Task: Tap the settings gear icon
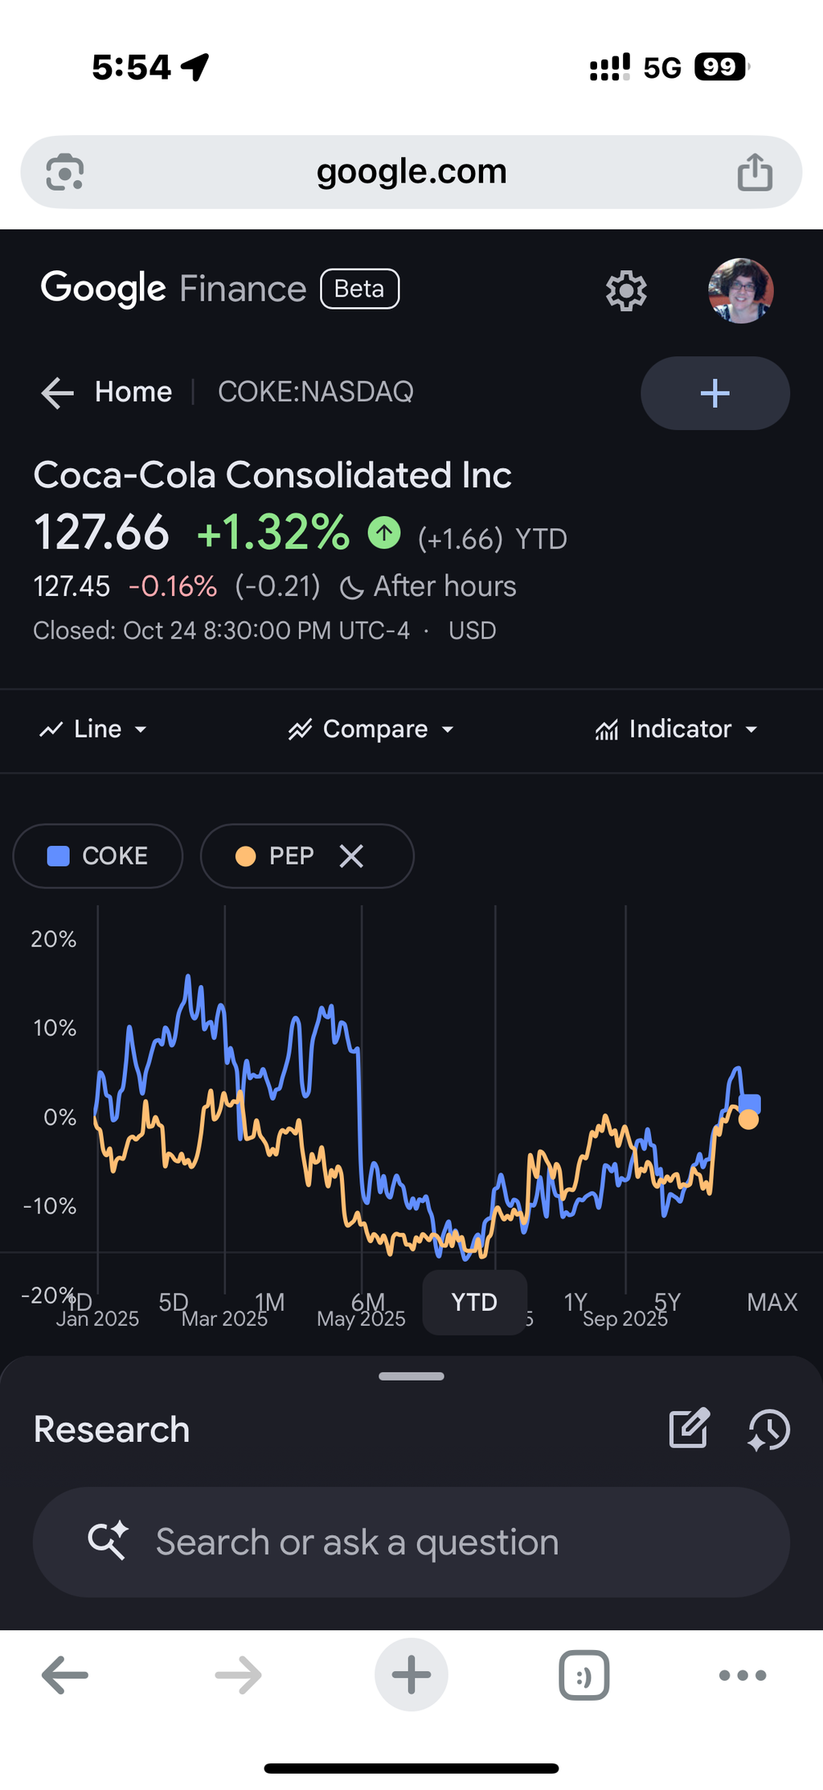click(626, 290)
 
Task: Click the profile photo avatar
click(740, 290)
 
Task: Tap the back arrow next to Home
click(57, 392)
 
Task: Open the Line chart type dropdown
click(93, 729)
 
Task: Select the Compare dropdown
click(371, 729)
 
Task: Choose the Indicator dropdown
click(676, 729)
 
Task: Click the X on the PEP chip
click(351, 856)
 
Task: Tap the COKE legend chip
click(98, 856)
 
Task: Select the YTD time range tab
click(474, 1302)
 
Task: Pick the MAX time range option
click(772, 1302)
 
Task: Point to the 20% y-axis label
click(54, 939)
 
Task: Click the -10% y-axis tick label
click(50, 1206)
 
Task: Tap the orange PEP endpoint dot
click(748, 1119)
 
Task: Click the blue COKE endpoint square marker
click(750, 1103)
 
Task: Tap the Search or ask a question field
click(411, 1542)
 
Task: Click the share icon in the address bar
click(755, 172)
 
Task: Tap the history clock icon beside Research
click(769, 1430)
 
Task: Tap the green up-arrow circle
click(384, 532)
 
